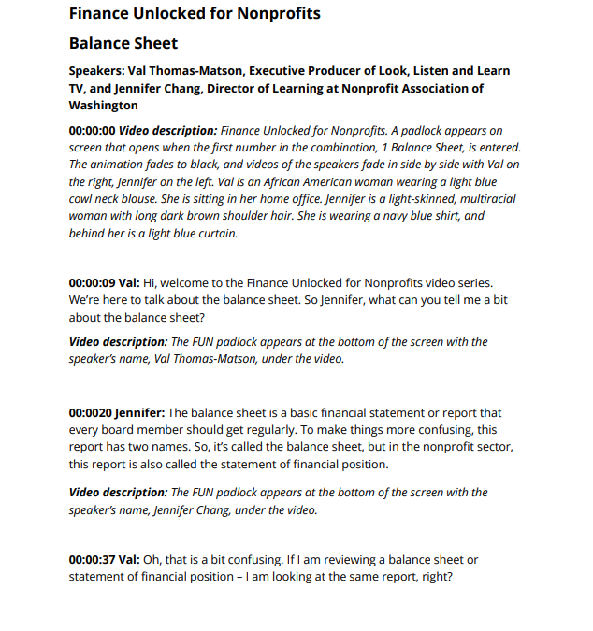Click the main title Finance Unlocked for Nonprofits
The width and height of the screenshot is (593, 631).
point(195,13)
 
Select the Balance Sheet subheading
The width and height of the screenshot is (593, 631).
point(123,43)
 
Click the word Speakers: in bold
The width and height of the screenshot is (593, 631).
point(100,71)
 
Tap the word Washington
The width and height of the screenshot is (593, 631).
point(103,106)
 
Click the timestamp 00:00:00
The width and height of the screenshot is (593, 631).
point(92,131)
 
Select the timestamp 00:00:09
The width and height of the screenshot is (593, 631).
point(92,283)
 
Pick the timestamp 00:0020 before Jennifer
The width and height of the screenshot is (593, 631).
point(90,412)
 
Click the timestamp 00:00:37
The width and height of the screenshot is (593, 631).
point(92,559)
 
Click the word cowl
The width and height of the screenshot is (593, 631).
point(84,199)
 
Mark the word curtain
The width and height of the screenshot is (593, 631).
point(216,233)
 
